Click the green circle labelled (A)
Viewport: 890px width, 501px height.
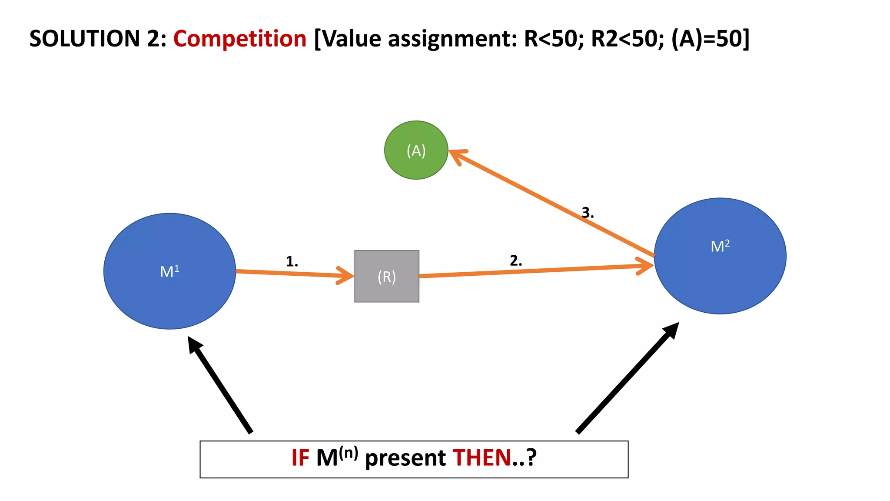pyautogui.click(x=416, y=150)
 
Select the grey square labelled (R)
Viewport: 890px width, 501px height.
pyautogui.click(x=387, y=276)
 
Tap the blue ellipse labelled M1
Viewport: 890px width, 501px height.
pyautogui.click(x=169, y=271)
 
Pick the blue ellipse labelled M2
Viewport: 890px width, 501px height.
pyautogui.click(x=720, y=256)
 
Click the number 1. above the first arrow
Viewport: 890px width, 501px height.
pyautogui.click(x=292, y=261)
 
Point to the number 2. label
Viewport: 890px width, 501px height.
pyautogui.click(x=516, y=261)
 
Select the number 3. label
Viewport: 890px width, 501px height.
pyautogui.click(x=588, y=213)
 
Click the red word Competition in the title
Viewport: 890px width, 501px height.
pyautogui.click(x=240, y=39)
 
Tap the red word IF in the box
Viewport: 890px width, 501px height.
pyautogui.click(x=300, y=458)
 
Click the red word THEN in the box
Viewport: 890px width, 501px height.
pyautogui.click(x=482, y=458)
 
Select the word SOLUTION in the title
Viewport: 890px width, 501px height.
pyautogui.click(x=85, y=39)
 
